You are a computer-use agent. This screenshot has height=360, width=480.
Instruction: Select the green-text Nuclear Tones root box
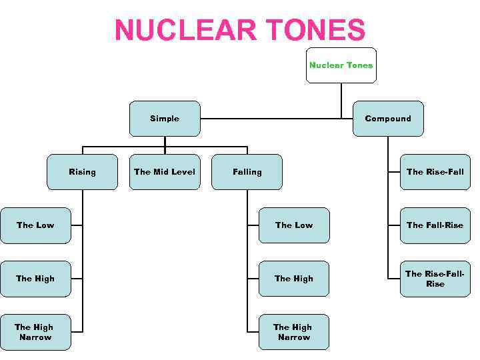coord(341,65)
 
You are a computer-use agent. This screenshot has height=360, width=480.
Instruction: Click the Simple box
coord(165,119)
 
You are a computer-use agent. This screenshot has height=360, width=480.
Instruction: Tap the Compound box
coord(388,119)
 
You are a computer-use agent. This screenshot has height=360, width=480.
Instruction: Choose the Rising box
coord(82,172)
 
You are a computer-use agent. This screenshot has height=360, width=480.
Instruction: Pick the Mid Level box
coord(165,172)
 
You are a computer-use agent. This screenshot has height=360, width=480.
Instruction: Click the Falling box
coord(247,172)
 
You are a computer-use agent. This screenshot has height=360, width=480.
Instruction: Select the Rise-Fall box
coord(435,172)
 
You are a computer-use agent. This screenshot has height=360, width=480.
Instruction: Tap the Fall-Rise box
coord(435,225)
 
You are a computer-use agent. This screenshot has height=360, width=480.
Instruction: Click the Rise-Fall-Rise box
coord(435,279)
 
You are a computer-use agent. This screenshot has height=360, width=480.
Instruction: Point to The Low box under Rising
coord(35,225)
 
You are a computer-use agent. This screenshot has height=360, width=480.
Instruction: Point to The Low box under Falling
coord(293,225)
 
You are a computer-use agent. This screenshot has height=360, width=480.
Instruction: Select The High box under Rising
coord(35,279)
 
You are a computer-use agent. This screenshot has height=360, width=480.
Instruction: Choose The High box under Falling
coord(293,279)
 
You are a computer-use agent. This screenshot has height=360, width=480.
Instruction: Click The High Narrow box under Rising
coord(35,332)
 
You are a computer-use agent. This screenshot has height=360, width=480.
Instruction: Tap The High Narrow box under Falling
coord(293,332)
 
